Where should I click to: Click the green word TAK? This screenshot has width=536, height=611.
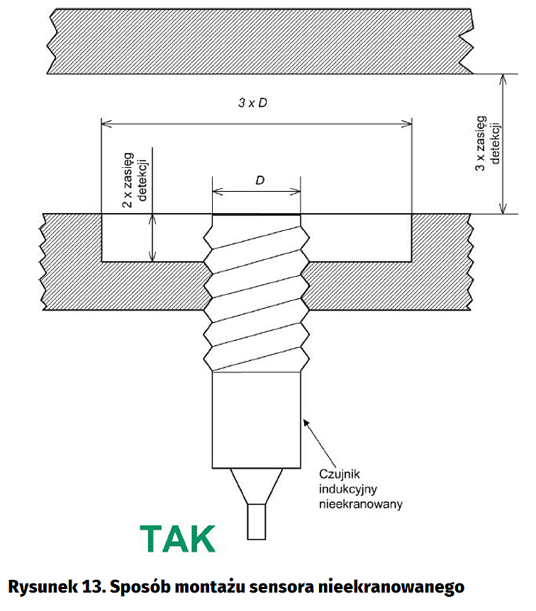coord(177,539)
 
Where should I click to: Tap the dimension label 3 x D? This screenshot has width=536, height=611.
coord(252,103)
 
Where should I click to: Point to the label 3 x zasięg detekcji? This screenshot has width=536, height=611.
coord(488,142)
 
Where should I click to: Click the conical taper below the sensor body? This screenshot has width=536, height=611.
coord(256,486)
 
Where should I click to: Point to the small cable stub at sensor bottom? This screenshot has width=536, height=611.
coord(256,521)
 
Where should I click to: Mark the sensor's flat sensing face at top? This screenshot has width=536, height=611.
coord(256,215)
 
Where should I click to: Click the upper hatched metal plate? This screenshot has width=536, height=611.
coord(255,40)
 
